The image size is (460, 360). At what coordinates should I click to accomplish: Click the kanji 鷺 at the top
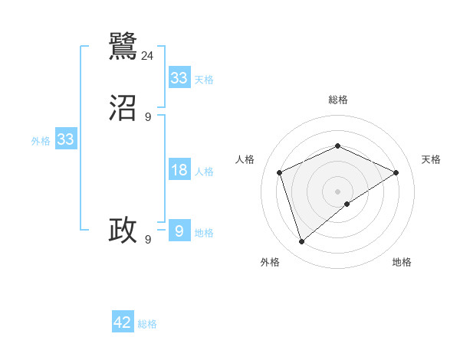click(x=123, y=47)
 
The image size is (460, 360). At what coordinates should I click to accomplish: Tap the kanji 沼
click(x=123, y=109)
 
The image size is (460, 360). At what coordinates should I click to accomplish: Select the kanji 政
click(x=123, y=230)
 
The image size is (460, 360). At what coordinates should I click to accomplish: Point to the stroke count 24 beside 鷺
click(x=148, y=55)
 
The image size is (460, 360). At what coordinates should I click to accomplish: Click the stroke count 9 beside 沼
click(x=148, y=117)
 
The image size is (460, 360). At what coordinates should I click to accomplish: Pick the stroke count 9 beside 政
click(x=148, y=239)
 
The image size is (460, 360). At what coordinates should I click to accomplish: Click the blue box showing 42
click(x=123, y=322)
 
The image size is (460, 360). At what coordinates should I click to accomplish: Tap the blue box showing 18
click(x=179, y=170)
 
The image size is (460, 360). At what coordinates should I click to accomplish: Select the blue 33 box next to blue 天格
click(x=179, y=78)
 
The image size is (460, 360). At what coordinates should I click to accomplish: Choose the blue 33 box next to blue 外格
click(x=66, y=140)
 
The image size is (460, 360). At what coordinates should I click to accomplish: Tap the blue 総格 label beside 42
click(x=147, y=324)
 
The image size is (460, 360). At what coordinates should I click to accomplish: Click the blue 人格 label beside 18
click(x=204, y=172)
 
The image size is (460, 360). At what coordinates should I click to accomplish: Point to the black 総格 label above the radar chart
click(x=337, y=100)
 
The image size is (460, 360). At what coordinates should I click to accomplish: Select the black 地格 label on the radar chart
click(x=402, y=263)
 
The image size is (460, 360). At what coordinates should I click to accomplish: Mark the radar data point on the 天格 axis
click(x=396, y=172)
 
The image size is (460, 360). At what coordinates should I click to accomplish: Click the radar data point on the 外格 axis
click(x=301, y=242)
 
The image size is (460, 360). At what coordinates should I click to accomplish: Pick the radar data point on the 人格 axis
click(x=280, y=172)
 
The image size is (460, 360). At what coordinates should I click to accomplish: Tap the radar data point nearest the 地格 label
click(x=347, y=204)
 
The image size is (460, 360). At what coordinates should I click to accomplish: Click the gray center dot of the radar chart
click(x=337, y=191)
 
